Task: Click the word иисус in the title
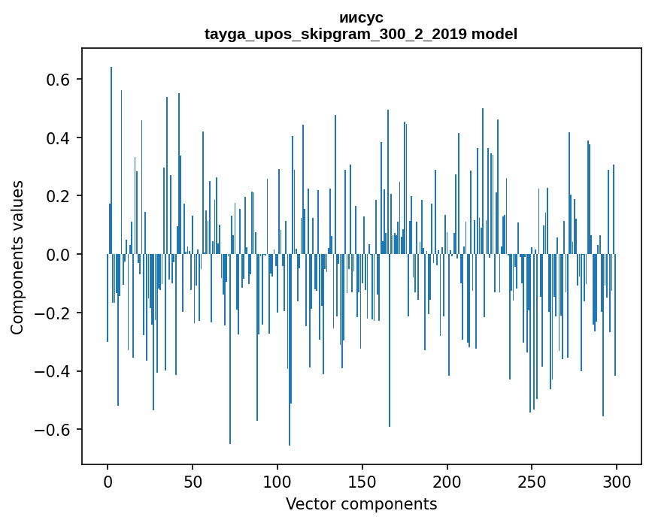pos(361,18)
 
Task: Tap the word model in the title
pos(494,34)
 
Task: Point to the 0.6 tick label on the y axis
pos(58,80)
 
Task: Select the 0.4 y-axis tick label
pos(58,138)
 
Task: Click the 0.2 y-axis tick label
pos(58,196)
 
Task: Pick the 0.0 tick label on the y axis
pos(58,255)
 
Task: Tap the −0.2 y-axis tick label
pos(52,313)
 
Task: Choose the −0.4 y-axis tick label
pos(52,371)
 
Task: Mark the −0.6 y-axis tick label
pos(52,430)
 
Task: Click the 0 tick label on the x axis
pos(108,482)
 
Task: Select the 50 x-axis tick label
pos(193,482)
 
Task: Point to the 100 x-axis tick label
pos(277,482)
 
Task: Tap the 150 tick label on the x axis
pos(362,482)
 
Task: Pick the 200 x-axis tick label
pos(447,482)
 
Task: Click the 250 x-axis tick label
pos(532,482)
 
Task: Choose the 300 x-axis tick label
pos(617,482)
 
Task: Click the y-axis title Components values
pos(17,258)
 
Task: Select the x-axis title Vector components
pos(361,504)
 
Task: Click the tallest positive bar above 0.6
pos(111,160)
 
